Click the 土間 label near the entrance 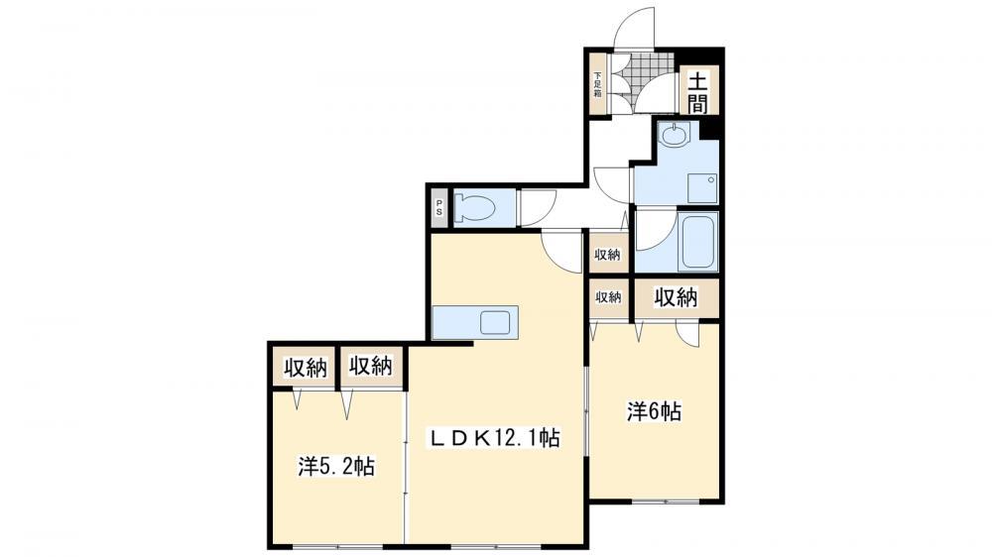[x=697, y=91]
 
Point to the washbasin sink [x=673, y=135]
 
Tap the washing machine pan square [x=702, y=187]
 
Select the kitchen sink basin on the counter [x=495, y=323]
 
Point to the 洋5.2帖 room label [x=336, y=467]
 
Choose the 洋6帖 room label [x=654, y=412]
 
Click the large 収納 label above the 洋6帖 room [x=676, y=296]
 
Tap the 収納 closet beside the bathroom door [x=608, y=255]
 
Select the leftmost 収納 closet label [x=305, y=367]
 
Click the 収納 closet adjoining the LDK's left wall [x=371, y=366]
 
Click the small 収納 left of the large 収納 [x=608, y=297]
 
